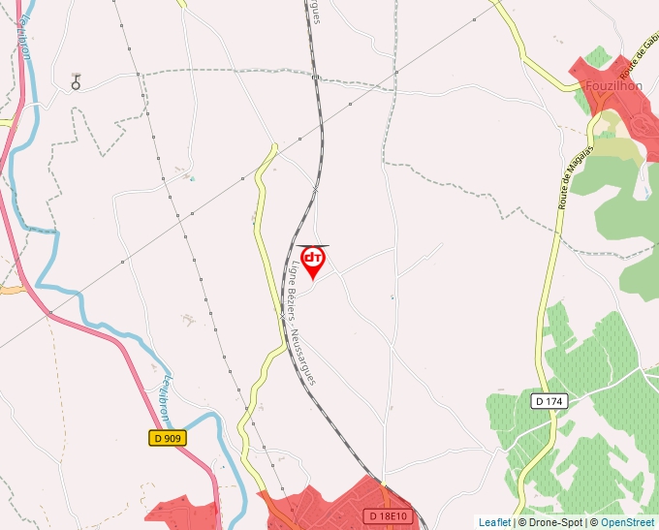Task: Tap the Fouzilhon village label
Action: pos(614,85)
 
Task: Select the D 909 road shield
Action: pos(167,438)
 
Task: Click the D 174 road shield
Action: pos(549,400)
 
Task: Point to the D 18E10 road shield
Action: pos(390,516)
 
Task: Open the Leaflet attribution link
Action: pos(494,522)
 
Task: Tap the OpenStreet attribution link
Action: pos(628,522)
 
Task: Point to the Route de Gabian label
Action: pos(639,58)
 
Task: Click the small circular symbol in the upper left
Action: pos(76,83)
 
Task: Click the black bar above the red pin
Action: pos(313,246)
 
